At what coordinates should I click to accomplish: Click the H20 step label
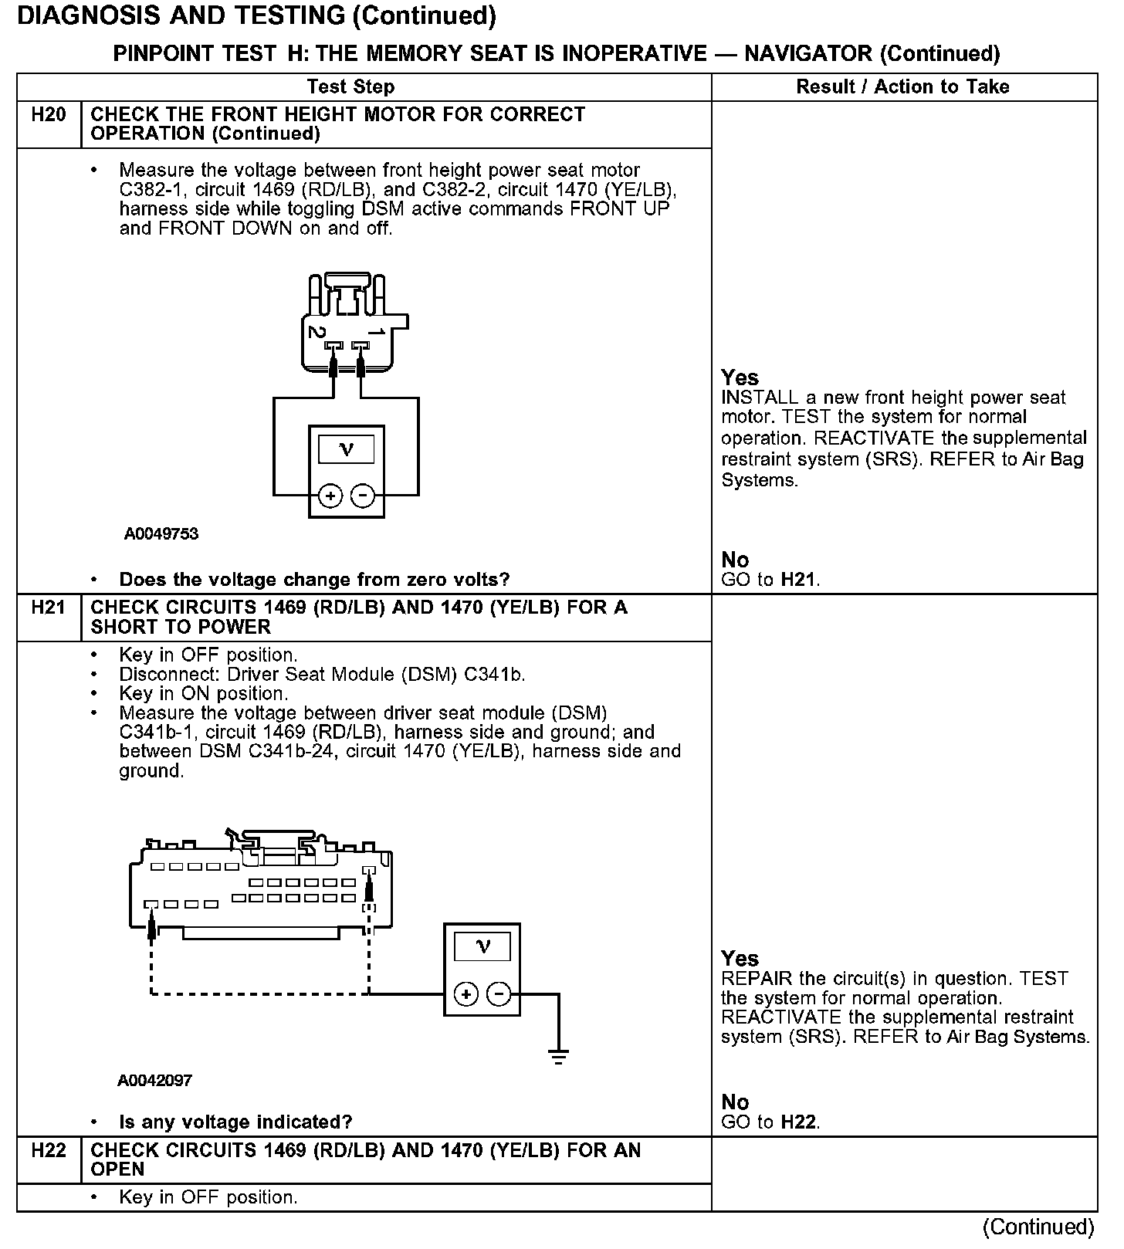pos(48,116)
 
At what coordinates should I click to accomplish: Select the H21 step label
pos(48,608)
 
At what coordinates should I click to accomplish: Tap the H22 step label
pos(48,1151)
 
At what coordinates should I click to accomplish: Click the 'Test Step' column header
pos(350,86)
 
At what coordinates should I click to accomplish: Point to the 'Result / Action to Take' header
pos(902,86)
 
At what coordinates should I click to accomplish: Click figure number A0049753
pos(161,534)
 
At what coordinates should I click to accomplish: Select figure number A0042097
pos(154,1081)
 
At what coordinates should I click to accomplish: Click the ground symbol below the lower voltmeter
pos(558,1055)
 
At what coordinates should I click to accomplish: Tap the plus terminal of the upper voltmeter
pos(330,496)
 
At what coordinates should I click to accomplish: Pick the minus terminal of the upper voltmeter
pos(363,496)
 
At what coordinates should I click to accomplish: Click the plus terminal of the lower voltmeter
pos(466,994)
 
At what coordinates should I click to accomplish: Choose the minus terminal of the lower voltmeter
pos(499,994)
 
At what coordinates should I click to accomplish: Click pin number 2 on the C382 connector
pos(315,332)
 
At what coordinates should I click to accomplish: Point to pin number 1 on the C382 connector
pos(377,332)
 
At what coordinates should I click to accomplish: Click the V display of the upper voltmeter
pos(346,449)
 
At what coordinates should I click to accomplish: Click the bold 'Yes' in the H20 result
pos(740,377)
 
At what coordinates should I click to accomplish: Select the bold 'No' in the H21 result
pos(735,1102)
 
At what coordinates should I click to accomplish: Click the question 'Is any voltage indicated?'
pos(235,1122)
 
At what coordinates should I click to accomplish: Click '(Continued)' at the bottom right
pos(1038,1227)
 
